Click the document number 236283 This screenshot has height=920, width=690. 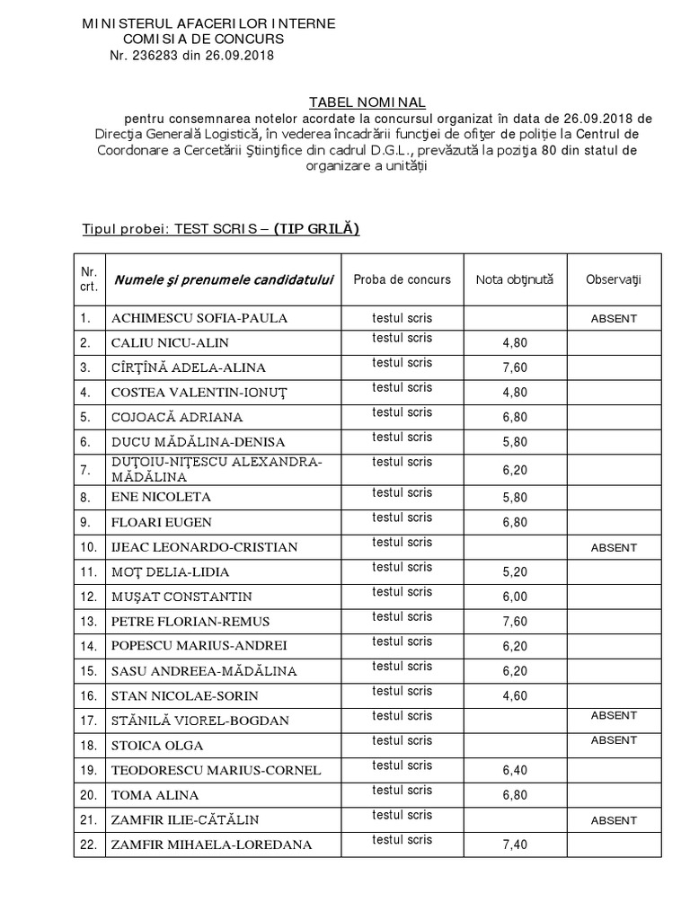164,55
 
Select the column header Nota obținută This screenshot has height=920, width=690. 515,279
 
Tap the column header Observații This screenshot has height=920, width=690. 614,279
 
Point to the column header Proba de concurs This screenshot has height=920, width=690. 402,279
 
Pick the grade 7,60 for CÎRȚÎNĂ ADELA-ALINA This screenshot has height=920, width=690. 515,367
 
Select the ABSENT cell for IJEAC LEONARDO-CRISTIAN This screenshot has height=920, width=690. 614,547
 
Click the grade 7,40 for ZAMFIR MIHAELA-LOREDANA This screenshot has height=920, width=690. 515,845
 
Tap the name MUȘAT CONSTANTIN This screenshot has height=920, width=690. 181,597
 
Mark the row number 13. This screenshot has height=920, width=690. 87,622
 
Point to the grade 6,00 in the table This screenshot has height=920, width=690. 515,597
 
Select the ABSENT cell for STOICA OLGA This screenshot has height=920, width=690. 614,740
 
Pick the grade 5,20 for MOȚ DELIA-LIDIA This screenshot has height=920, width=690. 515,572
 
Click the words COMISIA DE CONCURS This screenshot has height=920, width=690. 203,40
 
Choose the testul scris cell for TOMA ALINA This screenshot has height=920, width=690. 402,791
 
